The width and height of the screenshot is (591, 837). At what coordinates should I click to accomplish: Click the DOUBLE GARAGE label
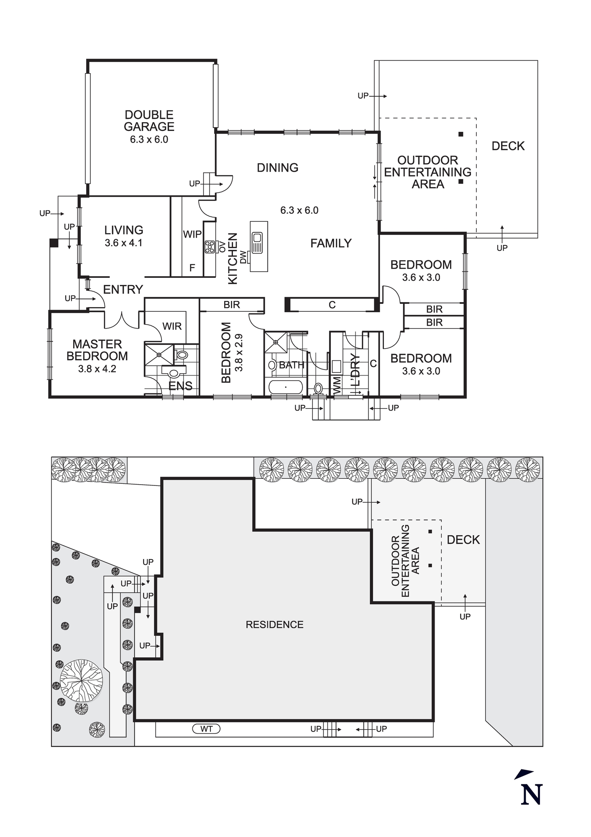[149, 121]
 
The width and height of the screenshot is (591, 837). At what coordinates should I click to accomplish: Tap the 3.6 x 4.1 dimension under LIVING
[123, 243]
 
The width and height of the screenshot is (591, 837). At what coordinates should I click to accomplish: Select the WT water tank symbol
[206, 729]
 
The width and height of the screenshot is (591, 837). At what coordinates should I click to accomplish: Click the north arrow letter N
[531, 794]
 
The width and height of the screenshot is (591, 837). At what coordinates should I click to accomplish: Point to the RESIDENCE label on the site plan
[274, 624]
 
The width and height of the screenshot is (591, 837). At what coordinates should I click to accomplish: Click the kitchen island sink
[257, 243]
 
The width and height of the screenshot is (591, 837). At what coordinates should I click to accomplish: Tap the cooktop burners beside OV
[210, 247]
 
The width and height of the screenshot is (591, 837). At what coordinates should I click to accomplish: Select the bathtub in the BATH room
[286, 387]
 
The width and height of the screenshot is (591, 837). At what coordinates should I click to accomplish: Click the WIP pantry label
[192, 234]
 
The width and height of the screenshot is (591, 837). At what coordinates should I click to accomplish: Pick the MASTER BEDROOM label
[97, 350]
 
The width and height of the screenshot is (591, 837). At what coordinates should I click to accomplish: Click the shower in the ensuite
[159, 355]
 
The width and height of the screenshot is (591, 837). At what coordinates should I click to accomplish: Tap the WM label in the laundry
[337, 384]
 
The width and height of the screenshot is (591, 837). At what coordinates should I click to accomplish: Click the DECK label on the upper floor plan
[508, 146]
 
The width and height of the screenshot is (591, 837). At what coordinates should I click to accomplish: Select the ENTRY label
[123, 289]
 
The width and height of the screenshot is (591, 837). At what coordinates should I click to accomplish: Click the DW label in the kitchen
[243, 257]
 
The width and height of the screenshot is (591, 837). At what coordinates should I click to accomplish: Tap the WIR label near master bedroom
[172, 326]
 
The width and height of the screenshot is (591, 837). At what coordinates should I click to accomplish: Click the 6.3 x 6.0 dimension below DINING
[299, 210]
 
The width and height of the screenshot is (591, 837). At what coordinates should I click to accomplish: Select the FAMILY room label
[331, 243]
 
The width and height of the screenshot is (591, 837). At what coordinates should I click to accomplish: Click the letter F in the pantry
[192, 268]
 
